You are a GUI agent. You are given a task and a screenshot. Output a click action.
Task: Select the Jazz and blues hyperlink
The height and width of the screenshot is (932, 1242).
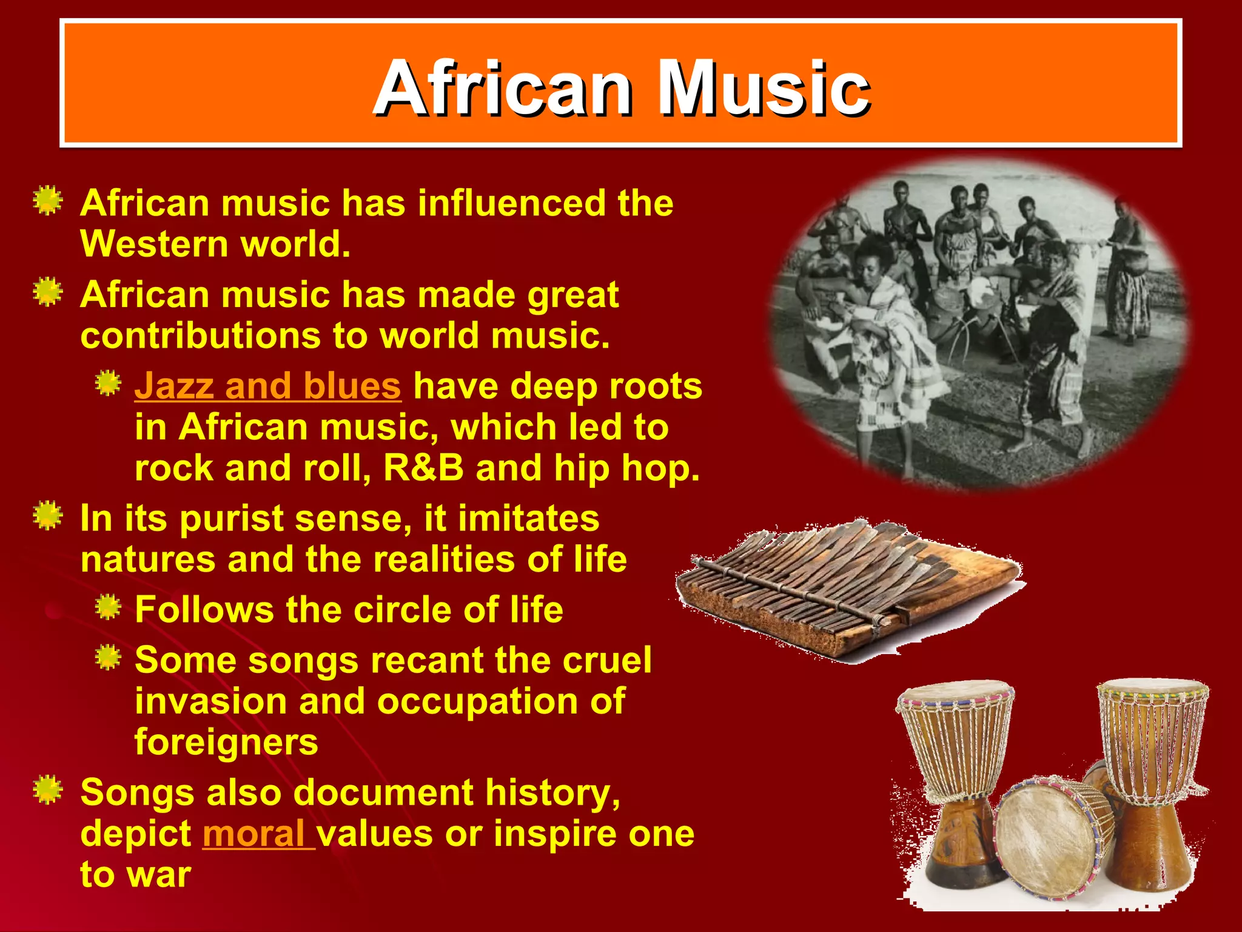click(x=267, y=387)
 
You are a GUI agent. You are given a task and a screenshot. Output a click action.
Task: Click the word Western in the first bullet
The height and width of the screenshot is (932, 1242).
click(x=154, y=245)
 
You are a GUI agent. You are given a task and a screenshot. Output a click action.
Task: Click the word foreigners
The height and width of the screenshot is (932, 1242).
click(x=226, y=742)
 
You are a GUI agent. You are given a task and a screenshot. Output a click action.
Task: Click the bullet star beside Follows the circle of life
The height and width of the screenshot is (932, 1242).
click(x=108, y=608)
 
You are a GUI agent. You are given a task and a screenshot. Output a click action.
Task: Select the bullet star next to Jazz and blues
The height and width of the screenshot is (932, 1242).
click(x=108, y=383)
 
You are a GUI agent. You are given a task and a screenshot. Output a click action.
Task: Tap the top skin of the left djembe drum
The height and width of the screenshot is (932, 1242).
click(x=954, y=692)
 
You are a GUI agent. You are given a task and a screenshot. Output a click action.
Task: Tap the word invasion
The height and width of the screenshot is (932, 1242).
click(x=210, y=701)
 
